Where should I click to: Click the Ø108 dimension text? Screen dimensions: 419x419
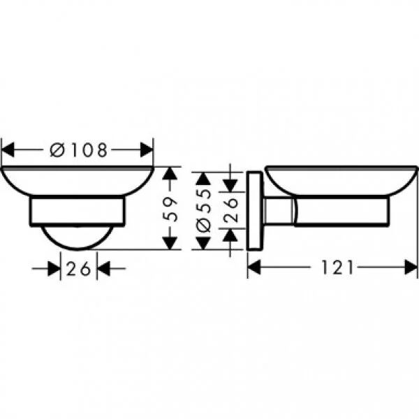click(x=80, y=149)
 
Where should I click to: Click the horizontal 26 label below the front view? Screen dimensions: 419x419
click(x=79, y=268)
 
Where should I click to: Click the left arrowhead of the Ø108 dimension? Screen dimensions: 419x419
click(x=8, y=149)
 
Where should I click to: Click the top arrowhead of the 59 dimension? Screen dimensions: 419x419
click(x=168, y=175)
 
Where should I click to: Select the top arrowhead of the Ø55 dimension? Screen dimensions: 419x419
click(x=202, y=175)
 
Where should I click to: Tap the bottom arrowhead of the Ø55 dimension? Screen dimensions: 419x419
click(x=202, y=242)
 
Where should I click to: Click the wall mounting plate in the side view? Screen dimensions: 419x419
click(x=254, y=209)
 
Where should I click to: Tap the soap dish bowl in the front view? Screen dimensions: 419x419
click(x=77, y=181)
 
